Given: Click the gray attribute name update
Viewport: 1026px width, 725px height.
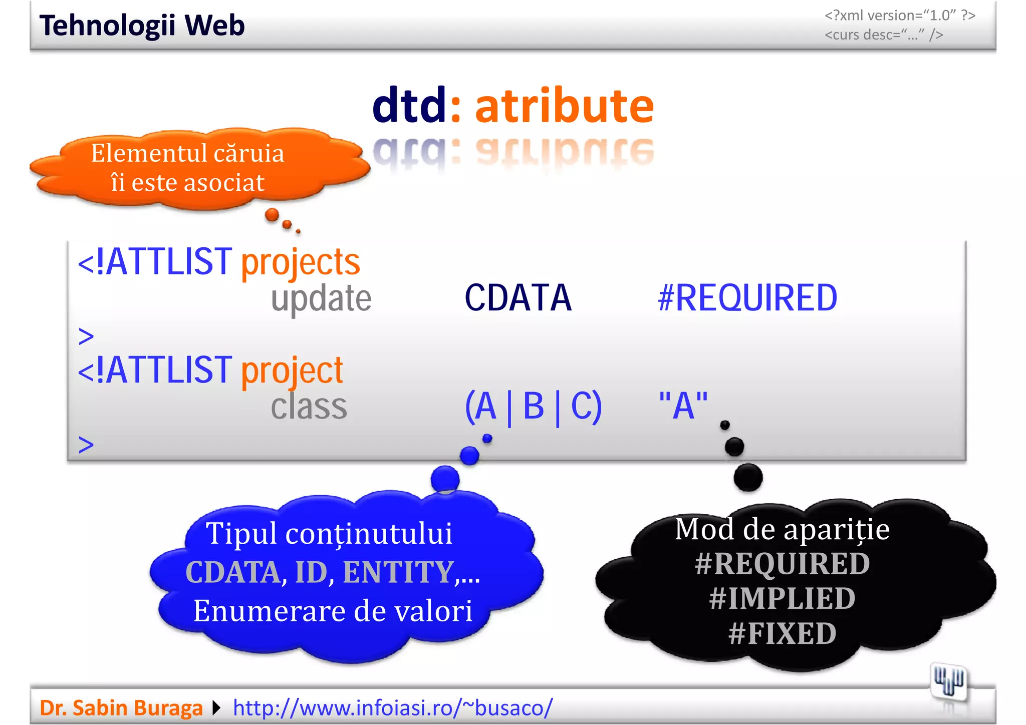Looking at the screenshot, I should click(321, 298).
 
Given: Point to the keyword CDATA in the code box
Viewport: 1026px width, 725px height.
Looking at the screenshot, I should click(518, 298).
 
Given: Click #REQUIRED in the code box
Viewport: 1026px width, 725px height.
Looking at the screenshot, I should click(747, 298).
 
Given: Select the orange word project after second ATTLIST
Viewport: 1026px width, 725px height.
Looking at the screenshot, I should click(292, 371).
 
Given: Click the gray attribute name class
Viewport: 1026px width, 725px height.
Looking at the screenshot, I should click(309, 406).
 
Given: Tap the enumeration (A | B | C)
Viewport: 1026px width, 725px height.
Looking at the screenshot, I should click(533, 406).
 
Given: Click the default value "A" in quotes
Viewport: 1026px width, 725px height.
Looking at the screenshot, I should click(683, 406).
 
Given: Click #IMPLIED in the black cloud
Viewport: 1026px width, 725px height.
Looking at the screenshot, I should click(782, 598).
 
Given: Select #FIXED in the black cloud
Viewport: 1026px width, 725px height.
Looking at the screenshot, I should click(782, 633).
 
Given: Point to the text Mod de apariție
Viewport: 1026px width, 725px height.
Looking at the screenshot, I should click(782, 529).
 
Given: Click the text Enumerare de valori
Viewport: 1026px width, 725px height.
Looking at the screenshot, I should click(333, 611).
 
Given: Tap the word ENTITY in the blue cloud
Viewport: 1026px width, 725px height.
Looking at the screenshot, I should click(398, 572).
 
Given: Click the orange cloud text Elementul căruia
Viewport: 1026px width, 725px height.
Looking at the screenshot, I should click(187, 153).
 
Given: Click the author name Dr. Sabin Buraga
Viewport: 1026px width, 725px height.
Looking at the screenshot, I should click(121, 708).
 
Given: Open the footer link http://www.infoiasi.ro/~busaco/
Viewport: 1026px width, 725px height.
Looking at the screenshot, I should click(393, 708).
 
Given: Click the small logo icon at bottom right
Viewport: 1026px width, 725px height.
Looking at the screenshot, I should click(948, 681).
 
